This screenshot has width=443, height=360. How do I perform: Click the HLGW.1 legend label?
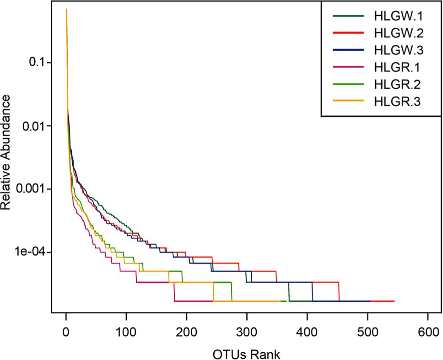click(x=398, y=17)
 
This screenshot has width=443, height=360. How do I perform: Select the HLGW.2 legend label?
click(x=398, y=33)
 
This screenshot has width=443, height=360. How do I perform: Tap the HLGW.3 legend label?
click(x=398, y=50)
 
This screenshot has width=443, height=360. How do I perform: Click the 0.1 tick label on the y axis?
click(x=35, y=63)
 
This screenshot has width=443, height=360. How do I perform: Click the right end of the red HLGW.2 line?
click(x=394, y=301)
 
